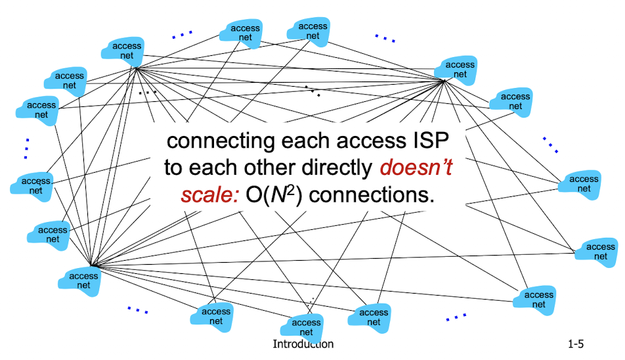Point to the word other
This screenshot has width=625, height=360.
(x=276, y=168)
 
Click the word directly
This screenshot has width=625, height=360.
(x=341, y=168)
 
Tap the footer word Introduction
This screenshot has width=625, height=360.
(x=303, y=344)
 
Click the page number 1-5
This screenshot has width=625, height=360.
(x=576, y=344)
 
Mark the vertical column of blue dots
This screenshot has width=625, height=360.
(x=26, y=148)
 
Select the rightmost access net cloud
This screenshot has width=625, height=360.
(x=598, y=252)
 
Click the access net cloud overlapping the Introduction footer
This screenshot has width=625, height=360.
(x=306, y=325)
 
